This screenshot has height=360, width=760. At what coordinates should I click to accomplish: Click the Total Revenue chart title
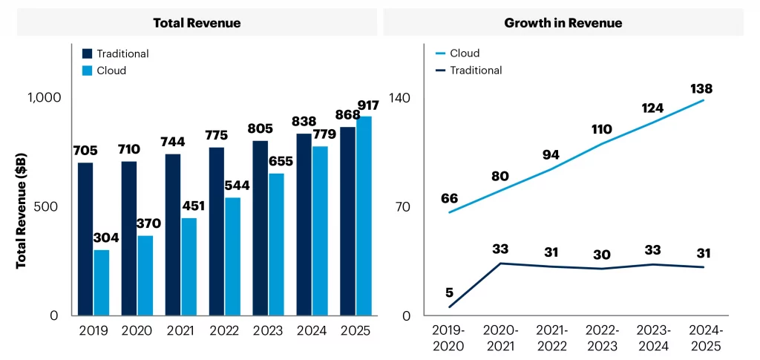197,23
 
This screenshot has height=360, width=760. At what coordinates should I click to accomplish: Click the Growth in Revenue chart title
563,23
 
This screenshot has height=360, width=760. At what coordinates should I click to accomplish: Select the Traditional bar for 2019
85,238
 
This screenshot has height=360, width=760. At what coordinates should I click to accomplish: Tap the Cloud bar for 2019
102,282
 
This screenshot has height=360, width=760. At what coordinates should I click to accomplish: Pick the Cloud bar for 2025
364,215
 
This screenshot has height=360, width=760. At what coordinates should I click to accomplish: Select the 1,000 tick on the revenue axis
44,98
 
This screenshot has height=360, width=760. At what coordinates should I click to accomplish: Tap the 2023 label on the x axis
268,332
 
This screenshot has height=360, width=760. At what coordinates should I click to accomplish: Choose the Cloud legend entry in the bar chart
111,71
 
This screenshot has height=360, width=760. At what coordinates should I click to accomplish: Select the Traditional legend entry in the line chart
476,71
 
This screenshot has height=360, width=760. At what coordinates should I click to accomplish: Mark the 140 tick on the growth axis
401,98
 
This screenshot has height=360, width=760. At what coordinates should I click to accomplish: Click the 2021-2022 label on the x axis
551,338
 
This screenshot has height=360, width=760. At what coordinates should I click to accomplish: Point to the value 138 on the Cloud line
701,89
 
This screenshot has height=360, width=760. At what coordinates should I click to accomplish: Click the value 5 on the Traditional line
449,292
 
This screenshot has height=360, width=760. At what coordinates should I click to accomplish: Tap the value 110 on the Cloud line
601,129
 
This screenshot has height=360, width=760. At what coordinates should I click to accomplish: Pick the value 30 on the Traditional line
601,255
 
